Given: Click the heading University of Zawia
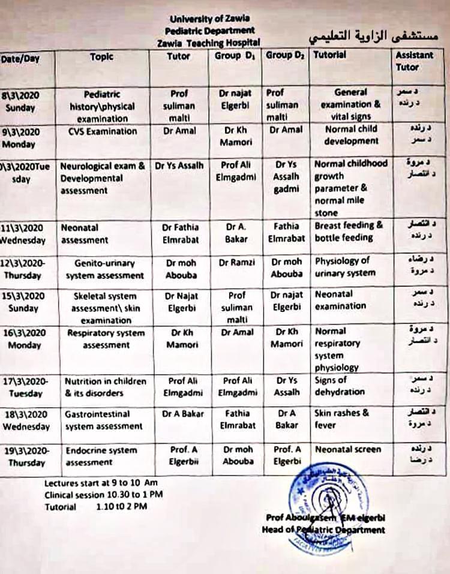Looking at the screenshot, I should click(211, 19).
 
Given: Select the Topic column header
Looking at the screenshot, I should click(101, 57).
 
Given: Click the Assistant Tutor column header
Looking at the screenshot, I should click(413, 61).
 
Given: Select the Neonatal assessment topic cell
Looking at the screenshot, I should click(85, 234).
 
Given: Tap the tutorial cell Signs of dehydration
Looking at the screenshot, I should click(339, 386).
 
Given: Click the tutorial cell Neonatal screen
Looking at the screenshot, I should click(347, 449).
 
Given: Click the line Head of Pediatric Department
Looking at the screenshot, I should click(323, 530).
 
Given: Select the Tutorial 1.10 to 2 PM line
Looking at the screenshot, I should click(95, 507).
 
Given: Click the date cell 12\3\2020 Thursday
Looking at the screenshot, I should click(25, 269).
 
